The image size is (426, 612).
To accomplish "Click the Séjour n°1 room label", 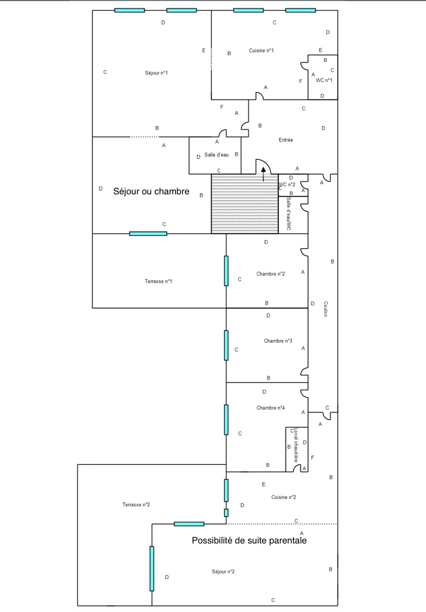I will click(156, 73).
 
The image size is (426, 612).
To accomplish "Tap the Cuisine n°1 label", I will click(261, 51).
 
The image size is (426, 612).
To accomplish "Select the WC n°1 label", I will click(324, 80).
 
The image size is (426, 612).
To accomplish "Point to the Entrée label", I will click(286, 140).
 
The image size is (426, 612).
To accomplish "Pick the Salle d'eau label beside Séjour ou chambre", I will click(216, 155).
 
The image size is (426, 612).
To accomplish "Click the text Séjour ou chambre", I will click(151, 192).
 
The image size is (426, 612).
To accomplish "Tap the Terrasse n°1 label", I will click(158, 281).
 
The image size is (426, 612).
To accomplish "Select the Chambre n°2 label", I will click(271, 274).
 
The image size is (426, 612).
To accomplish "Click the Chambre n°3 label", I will click(278, 341).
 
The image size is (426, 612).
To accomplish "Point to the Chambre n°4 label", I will click(271, 408).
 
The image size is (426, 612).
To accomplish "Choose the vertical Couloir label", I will click(326, 309).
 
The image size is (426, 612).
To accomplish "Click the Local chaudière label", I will click(296, 445).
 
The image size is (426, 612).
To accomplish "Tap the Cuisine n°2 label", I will click(283, 497).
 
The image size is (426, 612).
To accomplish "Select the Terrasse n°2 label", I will click(136, 505).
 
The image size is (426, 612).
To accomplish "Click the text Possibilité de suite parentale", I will click(249, 541).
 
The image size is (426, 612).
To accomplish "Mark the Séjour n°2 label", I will click(223, 572).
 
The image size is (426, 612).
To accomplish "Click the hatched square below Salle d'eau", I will click(244, 204).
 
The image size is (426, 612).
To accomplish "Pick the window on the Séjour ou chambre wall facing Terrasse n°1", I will click(148, 234).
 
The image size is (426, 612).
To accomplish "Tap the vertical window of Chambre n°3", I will click(226, 345).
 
